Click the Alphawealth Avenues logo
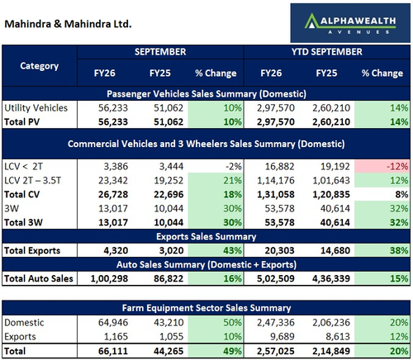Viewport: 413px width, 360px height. pos(350,23)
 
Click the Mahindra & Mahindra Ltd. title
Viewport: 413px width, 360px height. pos(68,24)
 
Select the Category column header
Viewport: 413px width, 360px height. pos(40,66)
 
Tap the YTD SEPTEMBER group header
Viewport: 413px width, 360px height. pos(327,52)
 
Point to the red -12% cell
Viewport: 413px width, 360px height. pos(382,166)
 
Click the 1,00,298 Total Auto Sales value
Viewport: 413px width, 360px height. pos(109,278)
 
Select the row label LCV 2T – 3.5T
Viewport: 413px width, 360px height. pos(33,181)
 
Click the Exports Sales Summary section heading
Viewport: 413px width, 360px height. pos(206,237)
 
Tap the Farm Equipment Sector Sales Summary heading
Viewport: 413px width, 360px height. pos(206,308)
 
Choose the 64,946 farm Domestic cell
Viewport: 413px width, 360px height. pos(113,322)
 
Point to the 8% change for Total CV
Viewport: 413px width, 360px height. pos(401,194)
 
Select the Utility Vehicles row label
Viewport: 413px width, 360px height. pos(36,108)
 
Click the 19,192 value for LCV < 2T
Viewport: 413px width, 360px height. pos(335,166)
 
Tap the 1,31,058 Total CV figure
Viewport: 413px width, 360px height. pos(276,194)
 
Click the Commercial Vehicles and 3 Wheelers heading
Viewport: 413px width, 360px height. pos(206,144)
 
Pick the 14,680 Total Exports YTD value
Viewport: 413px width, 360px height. pos(335,250)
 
